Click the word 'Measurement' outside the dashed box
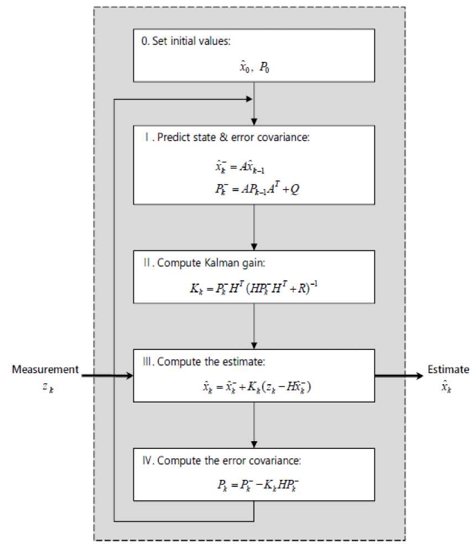[x=45, y=369]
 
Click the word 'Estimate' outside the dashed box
[x=448, y=369]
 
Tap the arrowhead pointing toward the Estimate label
[x=420, y=376]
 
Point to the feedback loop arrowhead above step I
[x=250, y=100]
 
